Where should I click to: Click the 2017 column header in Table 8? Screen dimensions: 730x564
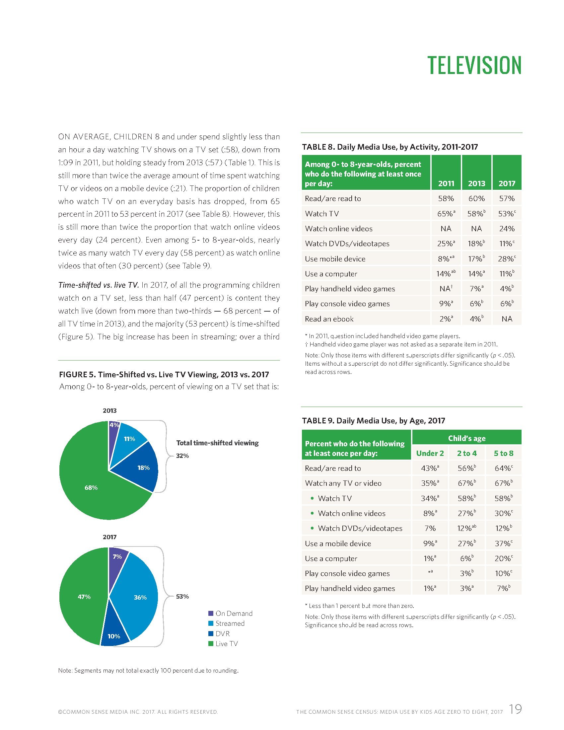pyautogui.click(x=507, y=183)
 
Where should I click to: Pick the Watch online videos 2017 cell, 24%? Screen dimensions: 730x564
pyautogui.click(x=507, y=229)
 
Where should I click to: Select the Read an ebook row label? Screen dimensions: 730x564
pyautogui.click(x=329, y=319)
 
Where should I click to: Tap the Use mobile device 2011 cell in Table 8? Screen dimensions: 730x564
pyautogui.click(x=446, y=259)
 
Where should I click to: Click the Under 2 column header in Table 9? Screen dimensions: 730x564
pyautogui.click(x=430, y=453)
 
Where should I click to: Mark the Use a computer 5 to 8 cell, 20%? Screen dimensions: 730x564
pyautogui.click(x=503, y=558)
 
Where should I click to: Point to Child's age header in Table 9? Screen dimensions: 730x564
pyautogui.click(x=466, y=438)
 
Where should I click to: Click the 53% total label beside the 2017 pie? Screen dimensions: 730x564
pyautogui.click(x=182, y=596)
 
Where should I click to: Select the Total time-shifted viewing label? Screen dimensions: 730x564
pyautogui.click(x=218, y=443)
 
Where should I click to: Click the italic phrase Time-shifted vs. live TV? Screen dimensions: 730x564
pyautogui.click(x=99, y=285)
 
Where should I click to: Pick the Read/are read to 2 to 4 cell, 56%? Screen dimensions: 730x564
pyautogui.click(x=466, y=468)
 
